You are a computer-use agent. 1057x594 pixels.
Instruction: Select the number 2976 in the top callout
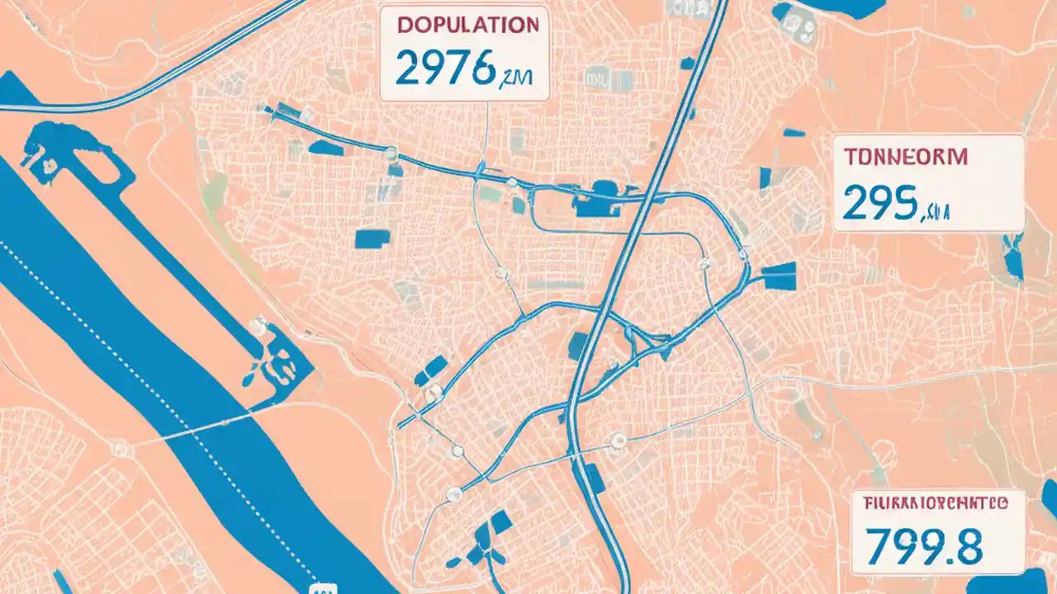(x=446, y=70)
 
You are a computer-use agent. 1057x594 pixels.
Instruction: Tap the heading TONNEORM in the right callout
(x=905, y=158)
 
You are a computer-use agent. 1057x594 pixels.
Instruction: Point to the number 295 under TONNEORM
(x=880, y=204)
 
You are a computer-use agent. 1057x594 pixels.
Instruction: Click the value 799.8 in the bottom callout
(x=924, y=546)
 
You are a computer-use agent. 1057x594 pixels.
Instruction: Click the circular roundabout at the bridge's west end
(x=122, y=449)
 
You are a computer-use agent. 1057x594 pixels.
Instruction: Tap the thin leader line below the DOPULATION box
(x=486, y=132)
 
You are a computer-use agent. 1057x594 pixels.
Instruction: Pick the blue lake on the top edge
(x=851, y=8)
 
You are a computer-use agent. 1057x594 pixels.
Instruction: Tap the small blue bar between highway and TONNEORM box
(x=794, y=132)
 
